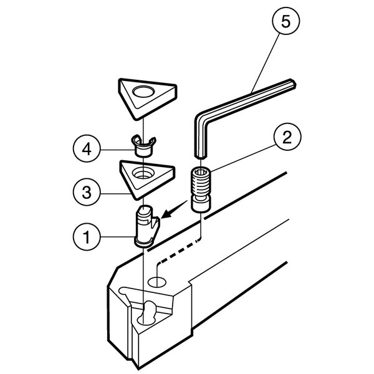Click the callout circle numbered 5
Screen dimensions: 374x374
pos(285,21)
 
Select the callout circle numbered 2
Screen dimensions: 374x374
pos(287,137)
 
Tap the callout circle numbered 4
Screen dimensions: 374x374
pos(87,150)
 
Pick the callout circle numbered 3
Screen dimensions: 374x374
pos(87,192)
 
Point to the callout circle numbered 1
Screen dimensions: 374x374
pos(87,237)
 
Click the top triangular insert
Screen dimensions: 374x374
pos(147,98)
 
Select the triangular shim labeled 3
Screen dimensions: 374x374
pos(147,180)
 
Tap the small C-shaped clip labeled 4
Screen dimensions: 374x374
pos(143,146)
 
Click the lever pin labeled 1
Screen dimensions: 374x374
pos(147,226)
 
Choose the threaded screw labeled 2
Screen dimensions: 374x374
pos(201,189)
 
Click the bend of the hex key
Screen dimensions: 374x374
pos(201,117)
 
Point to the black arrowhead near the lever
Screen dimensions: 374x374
pos(168,213)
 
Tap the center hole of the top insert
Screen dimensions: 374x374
pos(143,92)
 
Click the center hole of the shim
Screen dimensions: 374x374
pos(143,173)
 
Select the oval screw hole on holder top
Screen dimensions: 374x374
pos(157,282)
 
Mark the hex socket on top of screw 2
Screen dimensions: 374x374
pos(201,172)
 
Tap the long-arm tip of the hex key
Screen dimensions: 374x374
pos(293,84)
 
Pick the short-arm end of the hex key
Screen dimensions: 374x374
pos(200,156)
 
